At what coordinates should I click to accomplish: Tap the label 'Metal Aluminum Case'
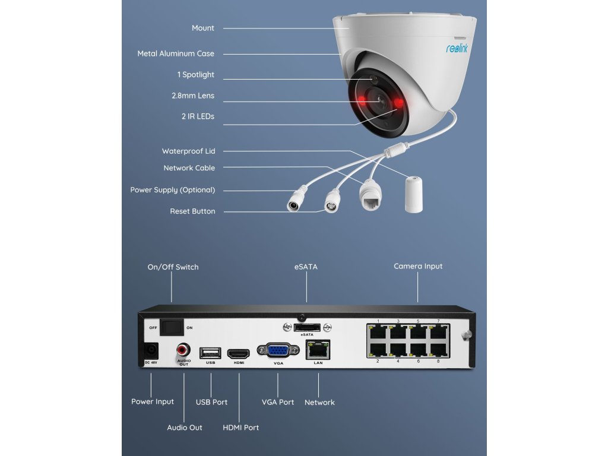176,53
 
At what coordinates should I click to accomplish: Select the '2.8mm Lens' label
193,96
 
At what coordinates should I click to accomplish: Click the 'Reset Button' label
192,211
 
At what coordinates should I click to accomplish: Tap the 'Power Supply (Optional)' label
172,190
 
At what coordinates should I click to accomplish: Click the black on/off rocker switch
172,327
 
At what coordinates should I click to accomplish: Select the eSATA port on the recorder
308,328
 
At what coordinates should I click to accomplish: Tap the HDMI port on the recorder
239,352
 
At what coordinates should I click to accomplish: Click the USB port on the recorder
210,352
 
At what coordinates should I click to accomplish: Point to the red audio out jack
183,350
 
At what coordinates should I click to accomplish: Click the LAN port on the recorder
318,350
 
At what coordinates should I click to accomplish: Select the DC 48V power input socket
151,351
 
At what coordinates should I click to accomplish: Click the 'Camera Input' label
418,267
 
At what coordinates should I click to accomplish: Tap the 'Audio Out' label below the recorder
185,427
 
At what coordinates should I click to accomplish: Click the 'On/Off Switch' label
173,267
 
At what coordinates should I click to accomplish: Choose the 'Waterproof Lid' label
188,151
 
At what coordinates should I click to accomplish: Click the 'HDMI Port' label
240,427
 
